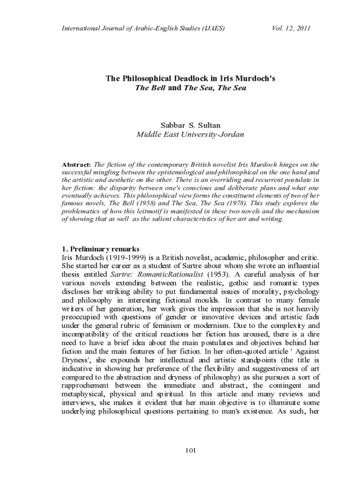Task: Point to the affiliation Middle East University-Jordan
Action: (190, 135)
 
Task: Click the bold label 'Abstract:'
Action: (77, 165)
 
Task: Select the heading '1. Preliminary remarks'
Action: (100, 248)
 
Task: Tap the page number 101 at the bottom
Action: (190, 450)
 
